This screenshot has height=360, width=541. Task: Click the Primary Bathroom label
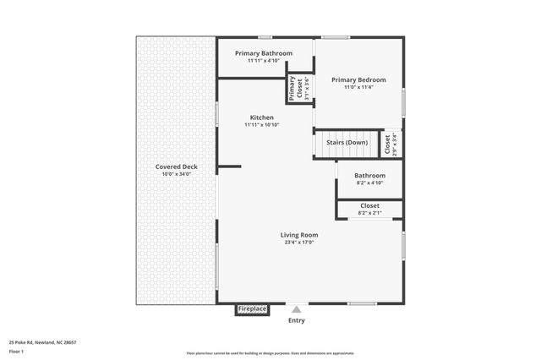pos(264,53)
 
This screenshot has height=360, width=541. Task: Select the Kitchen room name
pos(261,117)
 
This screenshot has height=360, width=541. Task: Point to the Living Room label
pos(299,235)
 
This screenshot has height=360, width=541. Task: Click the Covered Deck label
pos(177,166)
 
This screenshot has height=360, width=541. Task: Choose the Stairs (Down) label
pos(347,142)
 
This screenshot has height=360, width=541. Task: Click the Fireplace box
pos(252,309)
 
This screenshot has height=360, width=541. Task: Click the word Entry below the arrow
pos(297,321)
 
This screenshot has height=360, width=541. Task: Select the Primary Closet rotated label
pos(292,89)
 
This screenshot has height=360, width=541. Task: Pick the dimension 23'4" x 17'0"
pos(299,243)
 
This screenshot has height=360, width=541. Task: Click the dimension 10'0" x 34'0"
pos(177,174)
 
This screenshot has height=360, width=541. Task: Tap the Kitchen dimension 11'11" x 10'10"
pos(261,124)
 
